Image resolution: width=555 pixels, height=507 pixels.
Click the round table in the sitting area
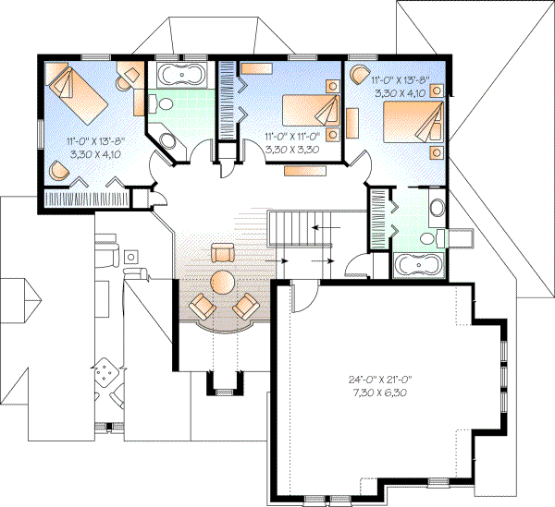tap(222, 281)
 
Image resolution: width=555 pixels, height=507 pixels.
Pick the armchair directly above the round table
tap(222, 252)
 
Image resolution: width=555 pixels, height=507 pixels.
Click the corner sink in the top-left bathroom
tap(166, 142)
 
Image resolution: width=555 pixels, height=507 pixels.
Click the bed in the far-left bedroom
tap(77, 91)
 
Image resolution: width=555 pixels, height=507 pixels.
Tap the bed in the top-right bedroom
tap(413, 121)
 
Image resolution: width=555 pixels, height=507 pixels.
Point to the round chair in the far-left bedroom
tap(58, 169)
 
